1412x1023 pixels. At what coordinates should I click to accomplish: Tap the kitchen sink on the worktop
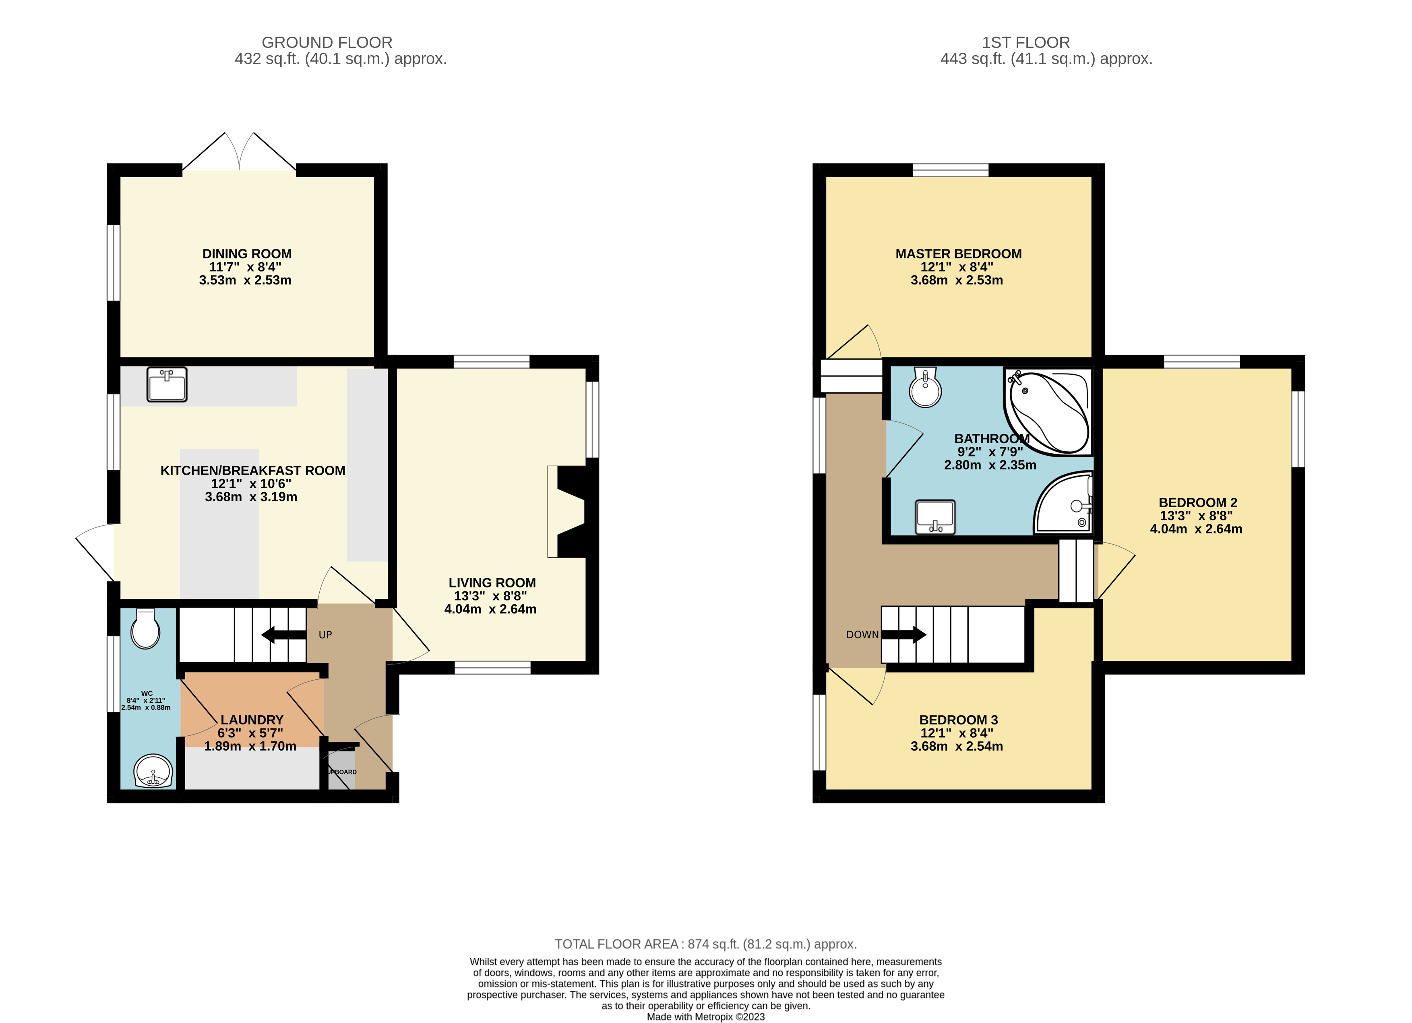click(x=167, y=384)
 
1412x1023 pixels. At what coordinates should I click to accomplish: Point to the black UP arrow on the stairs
click(x=283, y=635)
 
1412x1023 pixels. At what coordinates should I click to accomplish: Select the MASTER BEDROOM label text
click(x=958, y=253)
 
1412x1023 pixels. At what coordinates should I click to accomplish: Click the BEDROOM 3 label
click(x=958, y=720)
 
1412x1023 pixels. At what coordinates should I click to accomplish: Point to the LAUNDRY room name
click(x=252, y=720)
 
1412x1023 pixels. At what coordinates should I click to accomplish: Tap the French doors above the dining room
click(x=239, y=152)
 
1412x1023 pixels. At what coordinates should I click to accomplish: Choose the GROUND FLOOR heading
click(x=327, y=42)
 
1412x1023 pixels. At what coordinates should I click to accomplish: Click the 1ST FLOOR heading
click(x=1025, y=42)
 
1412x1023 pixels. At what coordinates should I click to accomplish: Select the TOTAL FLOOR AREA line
click(x=705, y=944)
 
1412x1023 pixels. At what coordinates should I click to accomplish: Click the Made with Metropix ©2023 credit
click(x=705, y=1017)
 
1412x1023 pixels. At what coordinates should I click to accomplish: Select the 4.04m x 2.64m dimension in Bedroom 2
click(x=1195, y=529)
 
